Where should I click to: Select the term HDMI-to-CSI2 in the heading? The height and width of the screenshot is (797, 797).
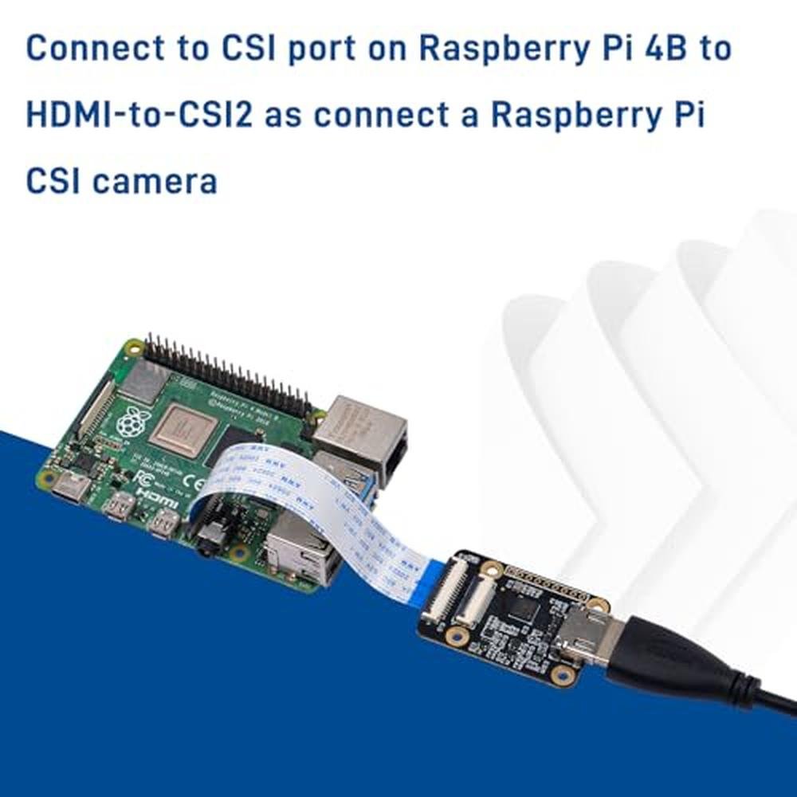pyautogui.click(x=139, y=116)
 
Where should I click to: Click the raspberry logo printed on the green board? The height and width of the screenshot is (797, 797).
pyautogui.click(x=131, y=422)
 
